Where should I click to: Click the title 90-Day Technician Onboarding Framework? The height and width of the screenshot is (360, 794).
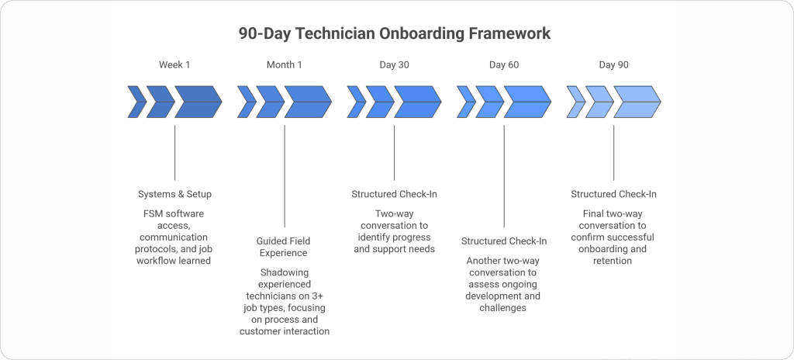pyautogui.click(x=395, y=34)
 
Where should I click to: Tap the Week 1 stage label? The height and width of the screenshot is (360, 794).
pyautogui.click(x=174, y=64)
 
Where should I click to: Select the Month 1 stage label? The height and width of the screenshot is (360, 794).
pyautogui.click(x=285, y=64)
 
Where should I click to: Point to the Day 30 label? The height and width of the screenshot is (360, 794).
pyautogui.click(x=394, y=64)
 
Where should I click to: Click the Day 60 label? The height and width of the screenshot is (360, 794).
pyautogui.click(x=504, y=64)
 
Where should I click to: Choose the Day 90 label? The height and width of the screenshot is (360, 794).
pyautogui.click(x=613, y=64)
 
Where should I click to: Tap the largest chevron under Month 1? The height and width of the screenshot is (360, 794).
pyautogui.click(x=307, y=102)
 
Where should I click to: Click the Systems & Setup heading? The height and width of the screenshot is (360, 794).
pyautogui.click(x=174, y=194)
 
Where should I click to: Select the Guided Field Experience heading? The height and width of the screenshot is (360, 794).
pyautogui.click(x=285, y=247)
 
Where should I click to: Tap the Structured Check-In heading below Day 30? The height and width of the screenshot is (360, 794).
pyautogui.click(x=394, y=194)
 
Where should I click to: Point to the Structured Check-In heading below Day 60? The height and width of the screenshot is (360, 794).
pyautogui.click(x=504, y=241)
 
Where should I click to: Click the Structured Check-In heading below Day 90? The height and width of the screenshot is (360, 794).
pyautogui.click(x=613, y=194)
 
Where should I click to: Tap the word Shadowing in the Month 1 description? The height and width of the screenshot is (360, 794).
pyautogui.click(x=285, y=272)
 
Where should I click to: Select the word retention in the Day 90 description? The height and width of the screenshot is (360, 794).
pyautogui.click(x=613, y=261)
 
